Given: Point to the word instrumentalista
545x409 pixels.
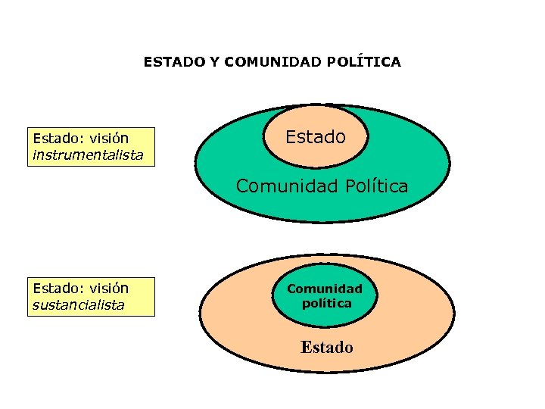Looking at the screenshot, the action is (87, 155).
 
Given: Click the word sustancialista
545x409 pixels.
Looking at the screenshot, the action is (78, 305).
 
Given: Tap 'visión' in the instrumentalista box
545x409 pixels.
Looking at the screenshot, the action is (109, 139).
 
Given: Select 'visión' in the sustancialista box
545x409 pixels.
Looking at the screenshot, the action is (109, 289).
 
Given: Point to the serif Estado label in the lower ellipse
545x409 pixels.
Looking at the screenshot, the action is (326, 348).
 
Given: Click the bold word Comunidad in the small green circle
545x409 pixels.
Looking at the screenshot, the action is (325, 289).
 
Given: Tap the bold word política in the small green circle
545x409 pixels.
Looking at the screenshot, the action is (326, 303).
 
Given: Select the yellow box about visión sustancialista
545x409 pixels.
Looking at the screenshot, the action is (91, 296).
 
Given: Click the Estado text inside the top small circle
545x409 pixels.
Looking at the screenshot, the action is (316, 137).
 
